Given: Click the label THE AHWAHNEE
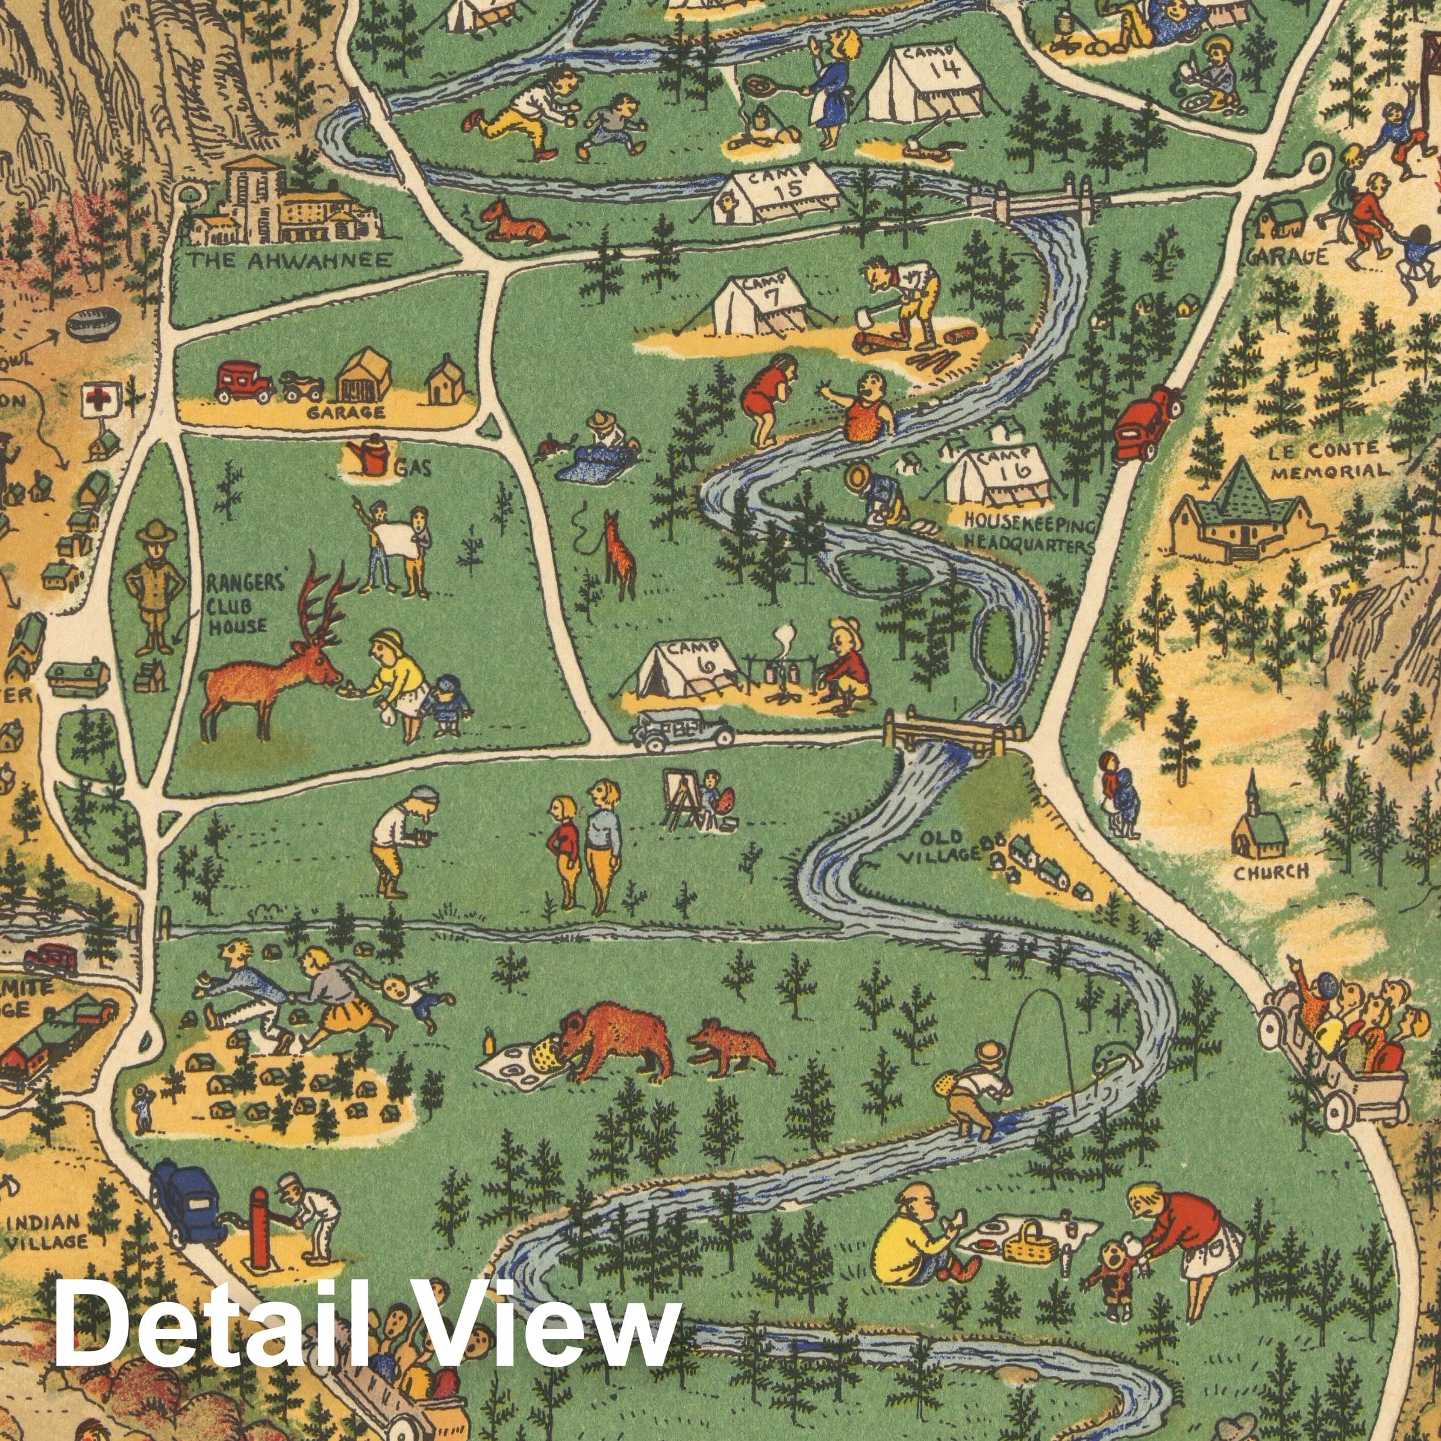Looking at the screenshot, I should [289, 260].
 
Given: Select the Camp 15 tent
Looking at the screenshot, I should [775, 192].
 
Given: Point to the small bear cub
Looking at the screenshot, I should [731, 1047].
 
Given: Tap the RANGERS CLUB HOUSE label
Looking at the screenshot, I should [237, 605].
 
